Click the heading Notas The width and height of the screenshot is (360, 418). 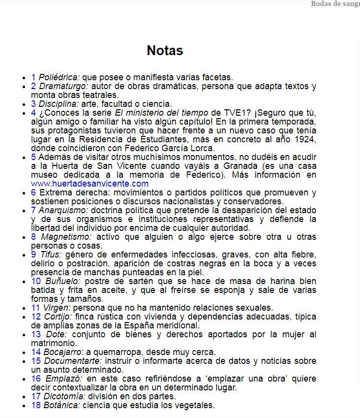point(165,51)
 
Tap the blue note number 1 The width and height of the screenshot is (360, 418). point(33,77)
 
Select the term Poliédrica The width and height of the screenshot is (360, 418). point(59,77)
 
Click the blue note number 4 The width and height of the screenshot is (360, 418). point(33,113)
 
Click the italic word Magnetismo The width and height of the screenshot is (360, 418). point(61,237)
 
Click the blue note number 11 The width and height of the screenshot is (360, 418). point(35,308)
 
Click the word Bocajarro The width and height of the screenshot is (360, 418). point(63,352)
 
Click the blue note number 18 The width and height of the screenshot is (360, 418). point(35,405)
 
